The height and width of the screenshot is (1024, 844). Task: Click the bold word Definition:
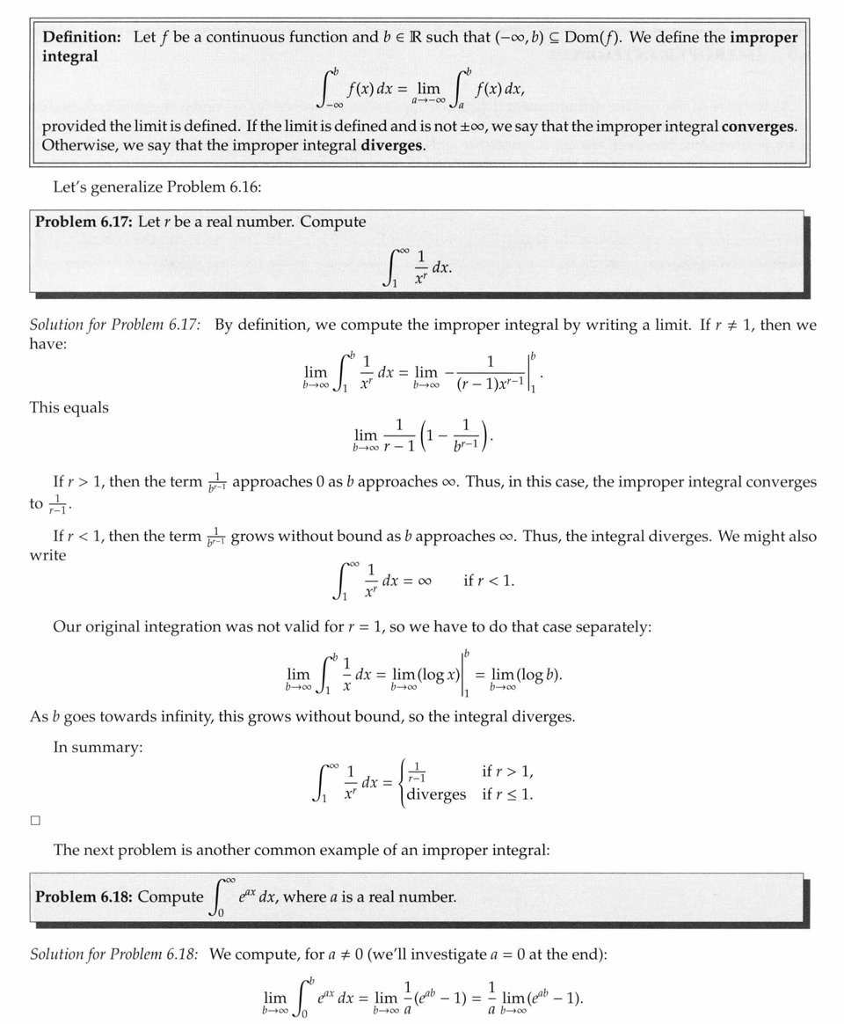click(82, 38)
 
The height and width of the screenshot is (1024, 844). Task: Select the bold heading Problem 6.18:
click(84, 897)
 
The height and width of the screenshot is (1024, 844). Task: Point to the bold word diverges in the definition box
click(392, 145)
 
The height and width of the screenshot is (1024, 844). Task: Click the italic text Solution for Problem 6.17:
click(115, 325)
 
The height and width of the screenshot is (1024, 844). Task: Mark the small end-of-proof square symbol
click(35, 820)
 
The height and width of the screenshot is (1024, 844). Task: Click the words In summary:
click(98, 747)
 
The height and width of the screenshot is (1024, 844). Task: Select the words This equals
click(69, 407)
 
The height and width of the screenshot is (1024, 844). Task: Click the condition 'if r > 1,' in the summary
click(507, 772)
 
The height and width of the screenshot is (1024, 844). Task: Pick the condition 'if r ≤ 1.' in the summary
click(507, 794)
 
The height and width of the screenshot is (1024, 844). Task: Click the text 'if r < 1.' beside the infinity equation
click(489, 581)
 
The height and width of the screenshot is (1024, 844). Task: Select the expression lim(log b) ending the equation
click(526, 677)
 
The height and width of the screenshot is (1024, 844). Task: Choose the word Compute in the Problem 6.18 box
click(171, 897)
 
